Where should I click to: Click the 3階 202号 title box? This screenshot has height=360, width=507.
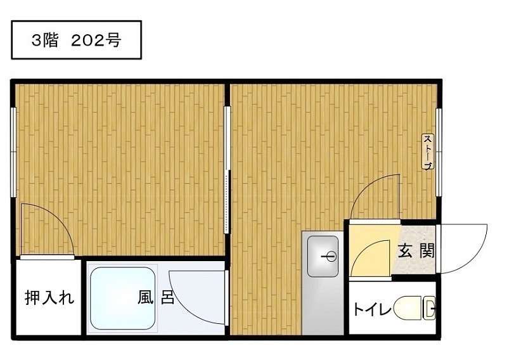coord(76,40)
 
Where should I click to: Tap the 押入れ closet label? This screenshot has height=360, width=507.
coord(49,297)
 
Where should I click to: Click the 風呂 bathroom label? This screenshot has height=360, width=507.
coord(156,297)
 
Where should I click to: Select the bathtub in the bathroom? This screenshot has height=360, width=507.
coord(122,298)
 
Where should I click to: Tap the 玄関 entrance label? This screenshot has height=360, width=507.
coord(416,251)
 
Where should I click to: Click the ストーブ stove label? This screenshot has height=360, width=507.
coord(428,151)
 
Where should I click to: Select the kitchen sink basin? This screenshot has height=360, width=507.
coord(323,256)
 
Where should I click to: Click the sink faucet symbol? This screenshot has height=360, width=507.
coord(330,257)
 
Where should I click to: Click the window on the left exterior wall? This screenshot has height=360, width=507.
coord(13,152)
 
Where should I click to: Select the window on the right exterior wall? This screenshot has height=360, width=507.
coord(439,152)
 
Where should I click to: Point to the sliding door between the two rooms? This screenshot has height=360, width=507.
coord(228,170)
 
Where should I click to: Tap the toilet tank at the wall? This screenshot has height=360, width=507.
coord(429,307)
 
